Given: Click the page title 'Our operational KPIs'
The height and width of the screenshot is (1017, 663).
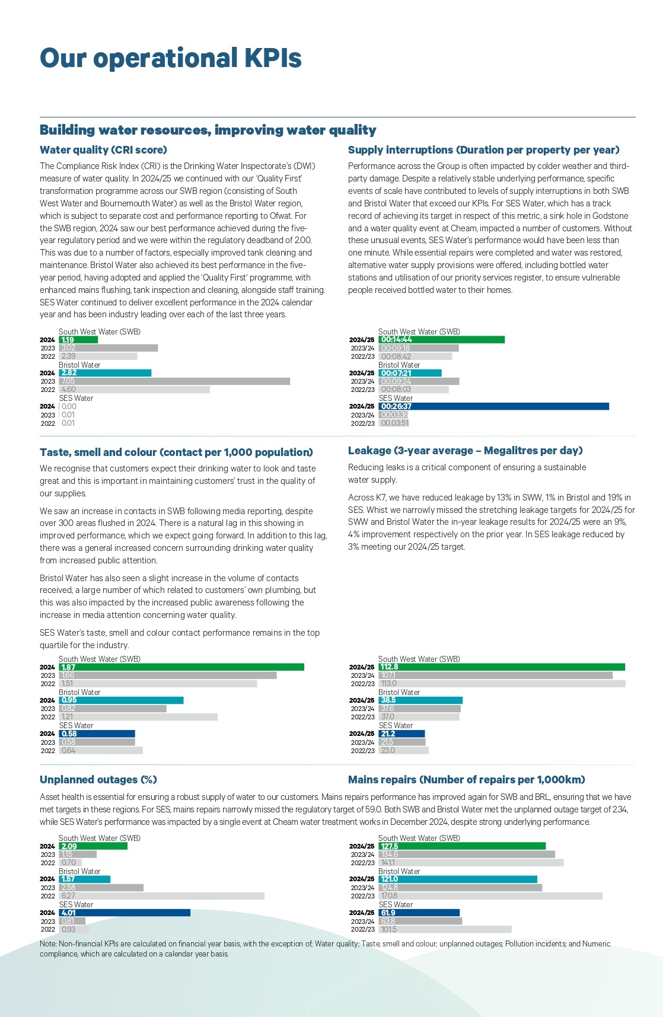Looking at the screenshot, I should (x=170, y=58).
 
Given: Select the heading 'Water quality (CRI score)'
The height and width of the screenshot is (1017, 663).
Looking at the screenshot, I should (x=103, y=150).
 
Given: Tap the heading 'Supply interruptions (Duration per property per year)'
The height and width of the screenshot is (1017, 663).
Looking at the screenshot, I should (x=483, y=150).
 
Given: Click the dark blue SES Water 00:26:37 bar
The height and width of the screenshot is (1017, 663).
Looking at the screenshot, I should (x=493, y=406).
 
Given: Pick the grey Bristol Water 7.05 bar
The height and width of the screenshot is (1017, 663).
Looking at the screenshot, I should (x=174, y=381).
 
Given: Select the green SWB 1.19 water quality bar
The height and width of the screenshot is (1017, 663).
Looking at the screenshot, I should (x=78, y=340).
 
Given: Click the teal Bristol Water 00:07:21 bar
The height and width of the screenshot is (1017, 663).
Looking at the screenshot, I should (x=410, y=373).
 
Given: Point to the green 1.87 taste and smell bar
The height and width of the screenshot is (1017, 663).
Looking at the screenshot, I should (x=181, y=667).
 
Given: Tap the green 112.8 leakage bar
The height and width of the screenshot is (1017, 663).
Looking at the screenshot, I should (x=502, y=667).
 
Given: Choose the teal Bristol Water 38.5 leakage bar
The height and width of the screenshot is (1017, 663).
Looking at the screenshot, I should (x=420, y=700).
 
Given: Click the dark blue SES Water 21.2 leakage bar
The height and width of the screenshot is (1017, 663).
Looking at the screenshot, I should (x=401, y=734).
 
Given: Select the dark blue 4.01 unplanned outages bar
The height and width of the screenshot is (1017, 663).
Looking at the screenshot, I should (x=125, y=913).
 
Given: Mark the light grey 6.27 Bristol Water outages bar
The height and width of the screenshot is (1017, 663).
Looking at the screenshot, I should (x=161, y=896).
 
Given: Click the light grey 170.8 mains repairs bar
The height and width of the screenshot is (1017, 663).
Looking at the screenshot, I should (x=490, y=896).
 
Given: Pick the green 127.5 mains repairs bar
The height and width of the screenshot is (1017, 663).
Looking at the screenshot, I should (x=462, y=846).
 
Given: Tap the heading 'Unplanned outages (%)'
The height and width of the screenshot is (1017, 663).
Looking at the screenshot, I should (x=98, y=780).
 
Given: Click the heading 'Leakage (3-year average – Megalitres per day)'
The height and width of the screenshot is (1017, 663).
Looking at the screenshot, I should (x=465, y=451).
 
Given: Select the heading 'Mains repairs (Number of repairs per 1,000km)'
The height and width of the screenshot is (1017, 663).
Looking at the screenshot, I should (x=466, y=780).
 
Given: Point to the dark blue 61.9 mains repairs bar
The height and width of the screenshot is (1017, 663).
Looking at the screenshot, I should (x=419, y=913).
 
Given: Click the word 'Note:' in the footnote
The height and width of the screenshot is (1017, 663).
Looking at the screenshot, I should (x=48, y=943).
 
